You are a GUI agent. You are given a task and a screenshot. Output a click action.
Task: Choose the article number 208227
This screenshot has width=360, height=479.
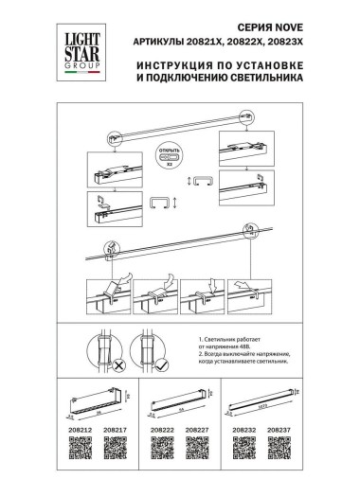[x=198, y=429]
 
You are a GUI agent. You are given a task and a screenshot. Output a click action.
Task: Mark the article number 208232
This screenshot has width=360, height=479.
[x=245, y=429]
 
